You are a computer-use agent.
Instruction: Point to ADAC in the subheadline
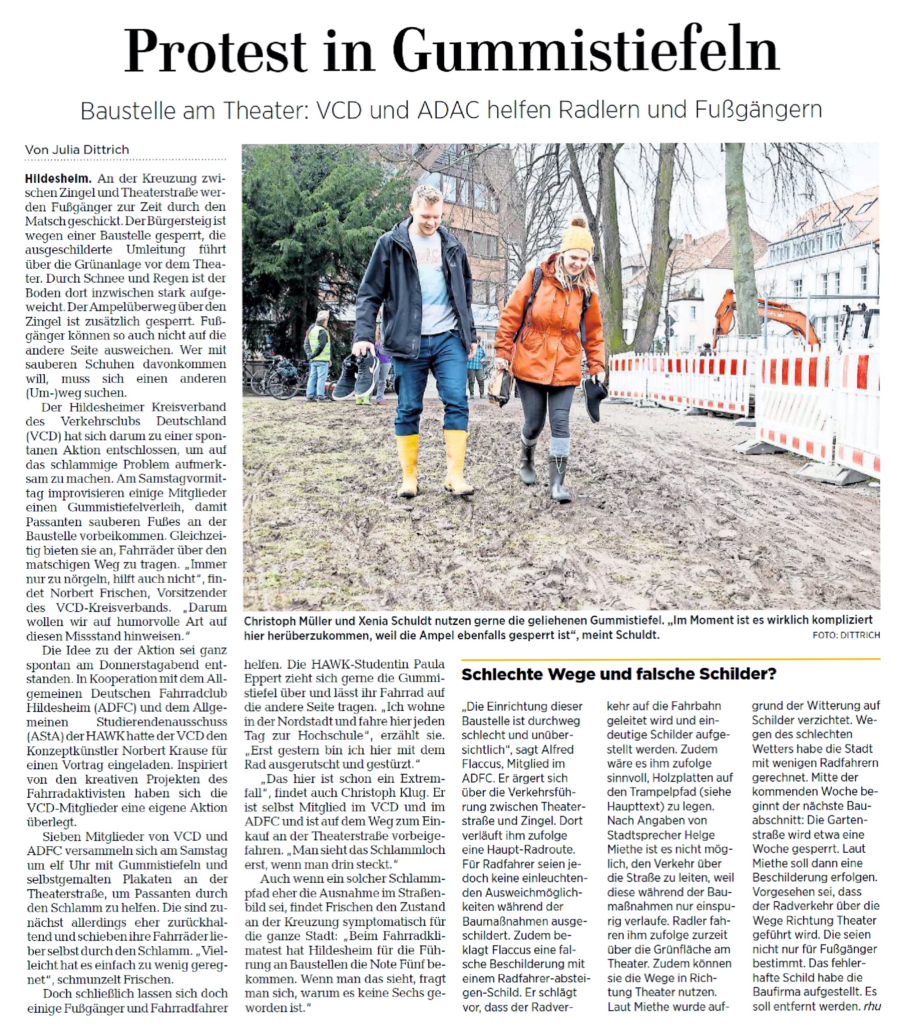449,110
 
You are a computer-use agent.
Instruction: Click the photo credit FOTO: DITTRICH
846,635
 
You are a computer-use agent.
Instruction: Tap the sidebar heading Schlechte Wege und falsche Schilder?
618,674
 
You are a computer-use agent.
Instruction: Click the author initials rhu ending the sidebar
872,1006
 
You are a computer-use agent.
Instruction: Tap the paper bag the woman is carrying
501,386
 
